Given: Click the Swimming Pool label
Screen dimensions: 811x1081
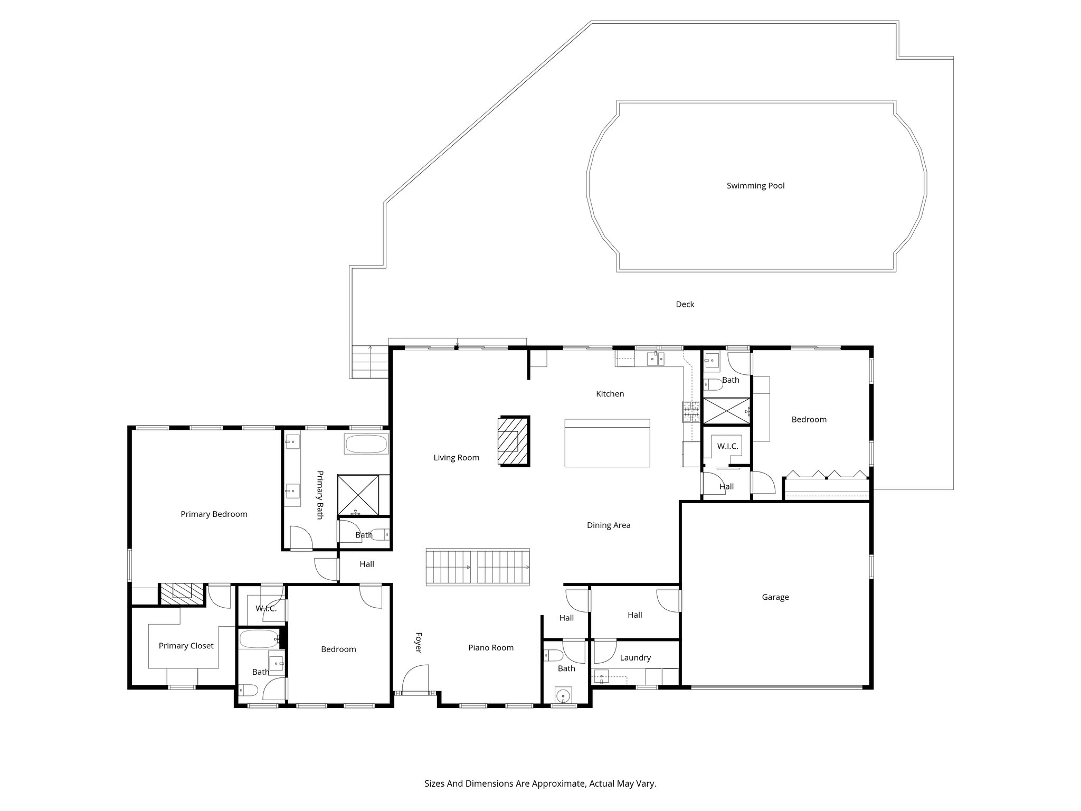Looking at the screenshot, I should [x=755, y=186].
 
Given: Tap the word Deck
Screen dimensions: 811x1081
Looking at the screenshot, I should [x=685, y=305].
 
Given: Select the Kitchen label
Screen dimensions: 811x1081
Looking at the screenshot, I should [x=610, y=394].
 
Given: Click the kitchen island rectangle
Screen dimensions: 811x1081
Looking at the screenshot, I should [x=607, y=443].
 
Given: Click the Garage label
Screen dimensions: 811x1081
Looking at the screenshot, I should [x=775, y=597].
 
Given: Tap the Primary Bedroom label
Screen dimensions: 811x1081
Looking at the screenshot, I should [x=214, y=514].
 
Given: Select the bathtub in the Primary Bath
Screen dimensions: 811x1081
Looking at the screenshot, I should [x=366, y=444].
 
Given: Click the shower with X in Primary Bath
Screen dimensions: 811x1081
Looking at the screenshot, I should [x=358, y=494].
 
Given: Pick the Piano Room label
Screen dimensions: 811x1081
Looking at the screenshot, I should [x=490, y=648].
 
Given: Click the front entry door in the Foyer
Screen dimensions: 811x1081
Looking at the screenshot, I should [x=415, y=681].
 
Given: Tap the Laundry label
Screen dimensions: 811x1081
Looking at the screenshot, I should [x=635, y=658].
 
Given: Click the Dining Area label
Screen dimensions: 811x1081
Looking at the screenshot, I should [x=608, y=525].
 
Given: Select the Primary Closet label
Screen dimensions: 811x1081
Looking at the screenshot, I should [x=186, y=646].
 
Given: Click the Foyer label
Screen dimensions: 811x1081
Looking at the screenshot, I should [x=418, y=642].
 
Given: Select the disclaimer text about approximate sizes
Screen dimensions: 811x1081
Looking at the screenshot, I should [x=540, y=784].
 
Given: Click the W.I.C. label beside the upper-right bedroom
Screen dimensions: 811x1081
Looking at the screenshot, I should [x=727, y=447].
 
